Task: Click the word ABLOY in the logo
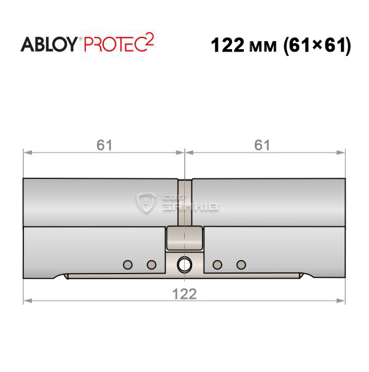(x=49, y=44)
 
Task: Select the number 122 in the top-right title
(x=227, y=45)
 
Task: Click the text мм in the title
(x=263, y=47)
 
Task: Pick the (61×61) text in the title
(x=317, y=46)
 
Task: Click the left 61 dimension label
(x=104, y=145)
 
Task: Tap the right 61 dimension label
(x=262, y=145)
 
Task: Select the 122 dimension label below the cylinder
(x=184, y=294)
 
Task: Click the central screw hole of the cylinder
(x=184, y=264)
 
